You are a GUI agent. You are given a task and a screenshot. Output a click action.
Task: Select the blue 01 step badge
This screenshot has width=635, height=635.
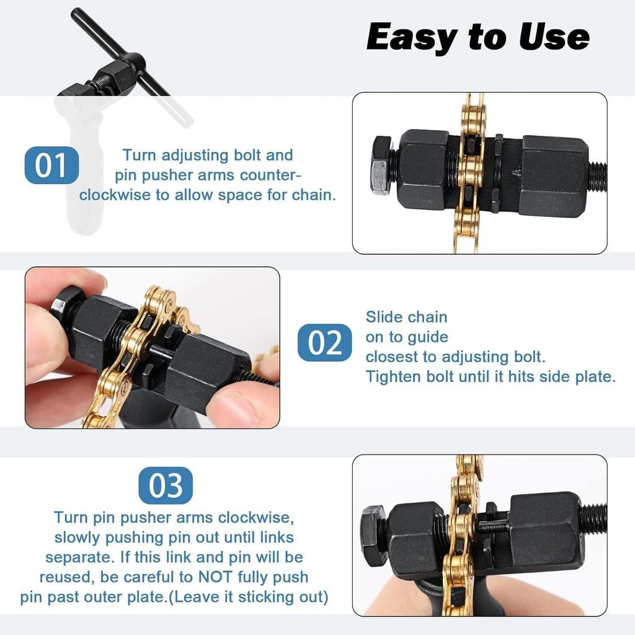51,166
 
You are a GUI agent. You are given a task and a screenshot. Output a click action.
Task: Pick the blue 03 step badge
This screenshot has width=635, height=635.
166,486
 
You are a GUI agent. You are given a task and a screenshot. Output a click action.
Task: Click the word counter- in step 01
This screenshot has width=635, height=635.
270,174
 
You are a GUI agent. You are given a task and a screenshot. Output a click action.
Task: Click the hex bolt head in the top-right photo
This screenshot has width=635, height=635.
381,166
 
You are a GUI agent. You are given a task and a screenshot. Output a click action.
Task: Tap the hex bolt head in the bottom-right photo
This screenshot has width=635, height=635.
373,535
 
